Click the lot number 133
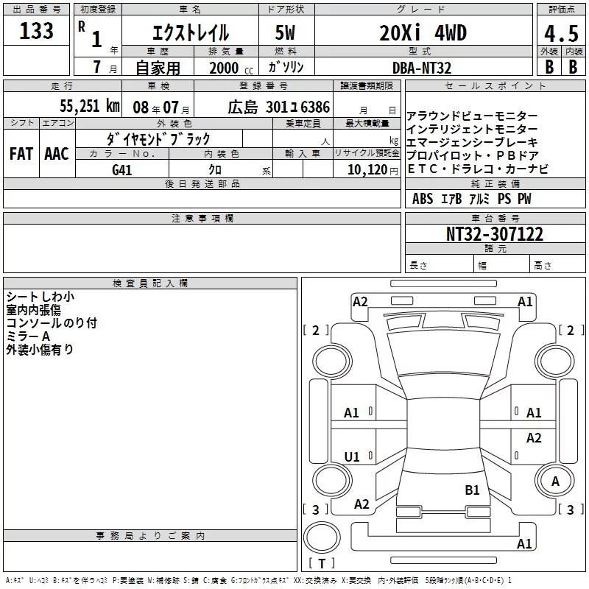pyautogui.click(x=36, y=31)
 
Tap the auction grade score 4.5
pyautogui.click(x=561, y=34)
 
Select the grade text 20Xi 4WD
pyautogui.click(x=423, y=33)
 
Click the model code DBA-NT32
pyautogui.click(x=421, y=68)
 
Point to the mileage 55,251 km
pyautogui.click(x=90, y=106)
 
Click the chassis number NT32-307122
pyautogui.click(x=494, y=234)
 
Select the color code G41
pyautogui.click(x=122, y=170)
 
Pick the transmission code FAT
pyautogui.click(x=21, y=154)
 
